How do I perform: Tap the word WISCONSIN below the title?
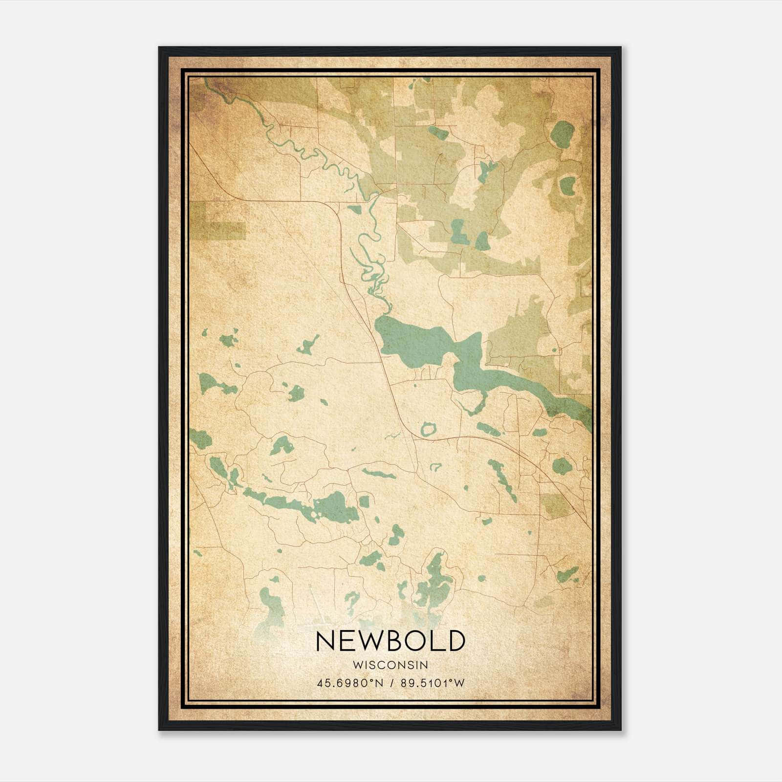point(390,665)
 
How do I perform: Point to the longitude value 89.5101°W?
point(432,683)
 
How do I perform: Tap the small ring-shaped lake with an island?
point(429,430)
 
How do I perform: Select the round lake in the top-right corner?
point(563,132)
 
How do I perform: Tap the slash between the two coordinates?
point(391,683)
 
